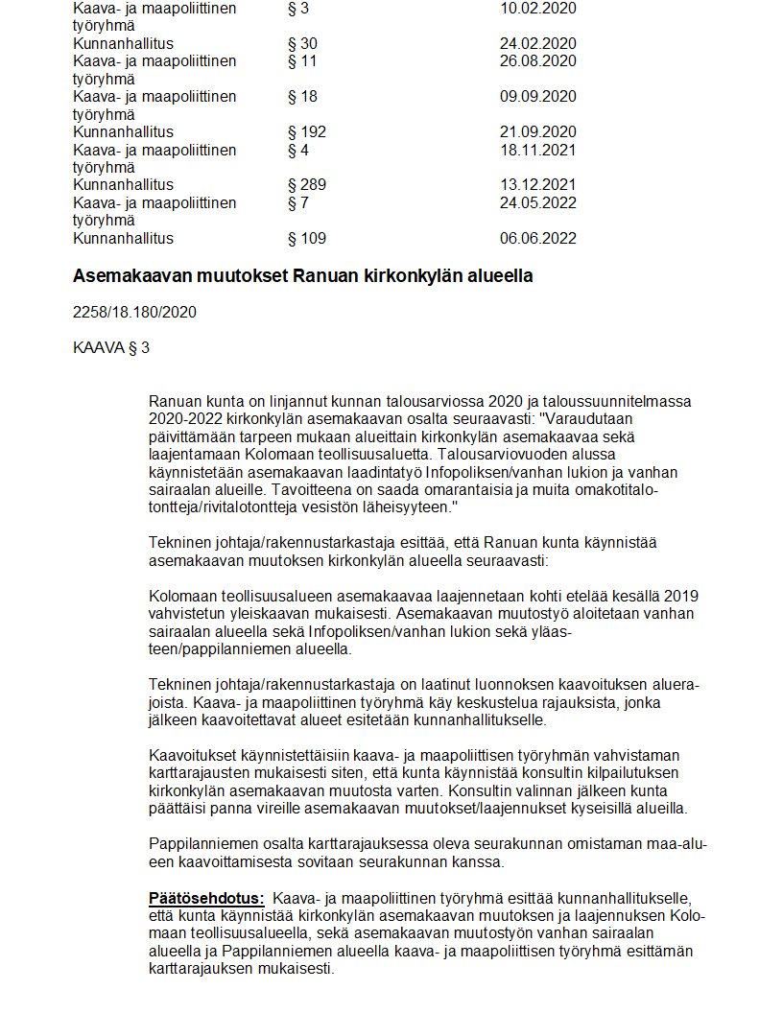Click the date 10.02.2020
pos(537,9)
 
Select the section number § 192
pos(307,132)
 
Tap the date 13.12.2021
pos(537,185)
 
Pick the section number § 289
pos(307,185)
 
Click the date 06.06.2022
pos(537,239)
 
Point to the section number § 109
pos(307,239)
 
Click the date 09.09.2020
pos(537,97)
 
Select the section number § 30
pos(302,44)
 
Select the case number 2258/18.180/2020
pos(134,313)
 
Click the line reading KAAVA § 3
pos(111,347)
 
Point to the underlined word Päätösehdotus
pos(206,899)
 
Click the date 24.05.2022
pos(537,203)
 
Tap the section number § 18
pos(302,97)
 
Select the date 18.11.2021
pos(537,150)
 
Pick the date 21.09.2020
pos(537,132)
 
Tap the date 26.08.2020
pos(537,61)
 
